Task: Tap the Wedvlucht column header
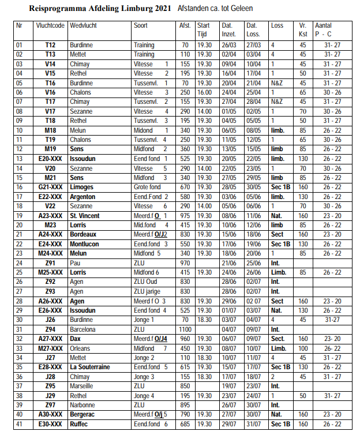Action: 83,27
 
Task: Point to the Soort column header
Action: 141,27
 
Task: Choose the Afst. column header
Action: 185,27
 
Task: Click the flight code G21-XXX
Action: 50,187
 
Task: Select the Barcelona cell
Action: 83,329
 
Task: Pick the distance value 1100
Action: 185,329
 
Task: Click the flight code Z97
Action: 50,406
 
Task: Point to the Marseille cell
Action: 82,386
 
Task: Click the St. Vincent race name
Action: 85,216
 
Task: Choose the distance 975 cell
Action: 185,216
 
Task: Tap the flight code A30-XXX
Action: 50,414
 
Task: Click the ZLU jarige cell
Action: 148,291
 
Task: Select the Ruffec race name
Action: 80,424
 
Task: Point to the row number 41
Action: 20,424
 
